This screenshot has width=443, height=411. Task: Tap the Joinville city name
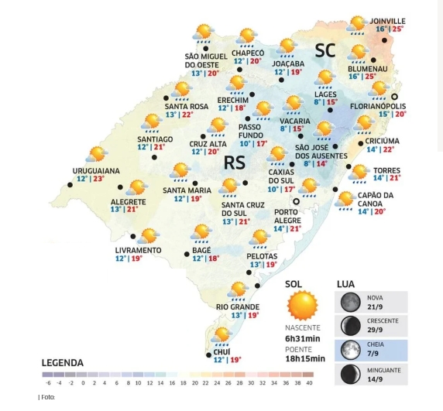[x=388, y=21]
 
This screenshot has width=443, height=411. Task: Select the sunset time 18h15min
[x=304, y=358]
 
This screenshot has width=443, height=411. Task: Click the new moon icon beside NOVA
[x=350, y=301]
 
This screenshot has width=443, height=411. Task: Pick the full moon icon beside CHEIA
[x=350, y=350]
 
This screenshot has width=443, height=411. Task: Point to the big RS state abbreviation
[x=235, y=163]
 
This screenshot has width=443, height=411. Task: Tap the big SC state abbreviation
[x=325, y=52]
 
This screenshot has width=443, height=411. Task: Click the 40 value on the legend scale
[x=310, y=382]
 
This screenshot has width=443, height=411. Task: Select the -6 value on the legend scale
[x=47, y=382]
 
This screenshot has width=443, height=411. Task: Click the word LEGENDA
[x=63, y=362]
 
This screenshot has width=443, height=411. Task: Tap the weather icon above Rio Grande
[x=239, y=290]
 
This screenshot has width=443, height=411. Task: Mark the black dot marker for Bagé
[x=186, y=254]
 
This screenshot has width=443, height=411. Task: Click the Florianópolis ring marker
[x=394, y=96]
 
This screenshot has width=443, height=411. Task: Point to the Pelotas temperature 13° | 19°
[x=263, y=265]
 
